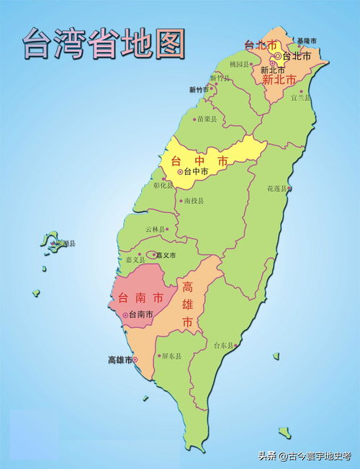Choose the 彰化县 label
tap(163, 185)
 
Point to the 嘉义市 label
tap(166, 255)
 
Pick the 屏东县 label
tap(171, 356)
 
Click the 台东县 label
tap(223, 346)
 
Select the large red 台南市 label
tap(141, 297)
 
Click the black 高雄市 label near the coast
tap(120, 359)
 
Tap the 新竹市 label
tap(199, 90)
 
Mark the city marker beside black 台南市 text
tap(126, 316)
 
